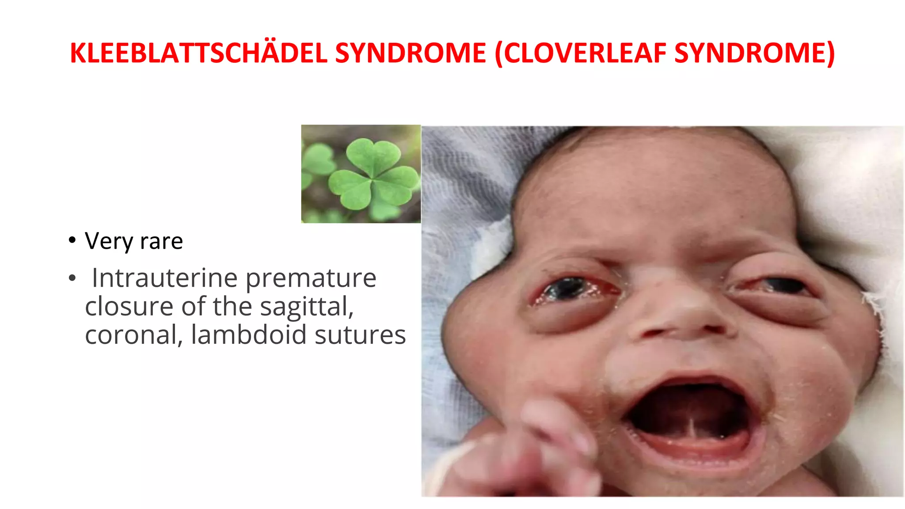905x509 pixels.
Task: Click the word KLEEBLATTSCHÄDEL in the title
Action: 198,53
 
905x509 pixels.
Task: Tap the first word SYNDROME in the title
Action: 411,53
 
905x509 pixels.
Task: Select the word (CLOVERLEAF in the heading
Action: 581,53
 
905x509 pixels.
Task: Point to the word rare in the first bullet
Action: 161,242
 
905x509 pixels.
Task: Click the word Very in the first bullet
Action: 109,242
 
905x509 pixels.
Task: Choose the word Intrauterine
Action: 165,278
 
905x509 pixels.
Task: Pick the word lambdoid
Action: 248,334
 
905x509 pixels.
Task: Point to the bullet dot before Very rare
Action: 72,241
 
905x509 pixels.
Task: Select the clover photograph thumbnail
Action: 361,174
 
